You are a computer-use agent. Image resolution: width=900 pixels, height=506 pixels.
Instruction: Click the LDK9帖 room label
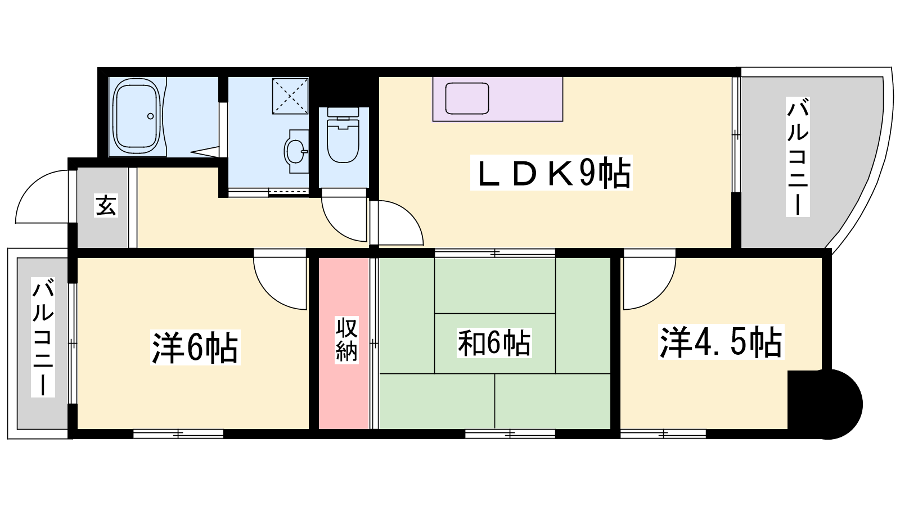click(551, 173)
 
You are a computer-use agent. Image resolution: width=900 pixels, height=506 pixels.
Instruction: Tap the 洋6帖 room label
click(195, 347)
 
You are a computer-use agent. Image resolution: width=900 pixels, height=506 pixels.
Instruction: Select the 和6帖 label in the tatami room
click(494, 343)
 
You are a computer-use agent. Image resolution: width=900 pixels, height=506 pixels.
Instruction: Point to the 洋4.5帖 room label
click(721, 342)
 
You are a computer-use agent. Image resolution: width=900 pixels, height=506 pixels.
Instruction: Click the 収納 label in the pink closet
click(346, 340)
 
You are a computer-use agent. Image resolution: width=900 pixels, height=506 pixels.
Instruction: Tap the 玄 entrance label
click(106, 206)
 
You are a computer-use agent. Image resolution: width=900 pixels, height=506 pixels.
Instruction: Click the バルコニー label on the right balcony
click(798, 157)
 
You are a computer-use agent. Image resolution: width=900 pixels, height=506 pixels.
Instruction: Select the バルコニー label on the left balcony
click(43, 337)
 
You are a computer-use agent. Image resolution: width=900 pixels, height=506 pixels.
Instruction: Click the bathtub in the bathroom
click(137, 116)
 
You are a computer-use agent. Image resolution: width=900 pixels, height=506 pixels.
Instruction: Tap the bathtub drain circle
click(151, 116)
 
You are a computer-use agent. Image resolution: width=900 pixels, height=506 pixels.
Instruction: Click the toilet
click(343, 135)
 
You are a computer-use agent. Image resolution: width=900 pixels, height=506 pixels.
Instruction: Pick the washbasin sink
click(295, 151)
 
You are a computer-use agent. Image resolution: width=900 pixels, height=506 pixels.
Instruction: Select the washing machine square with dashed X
click(290, 96)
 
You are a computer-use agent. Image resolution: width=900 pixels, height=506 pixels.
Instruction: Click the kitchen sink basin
click(467, 98)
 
